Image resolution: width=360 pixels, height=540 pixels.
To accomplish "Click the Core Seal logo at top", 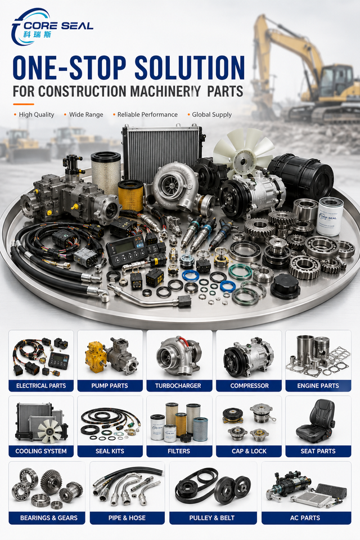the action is (x=52, y=27).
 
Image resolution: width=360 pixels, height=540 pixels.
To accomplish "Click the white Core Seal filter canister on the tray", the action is (x=330, y=216).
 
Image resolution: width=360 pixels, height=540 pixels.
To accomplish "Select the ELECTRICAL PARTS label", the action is (x=41, y=386).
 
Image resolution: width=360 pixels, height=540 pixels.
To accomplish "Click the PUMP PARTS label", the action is (x=110, y=386).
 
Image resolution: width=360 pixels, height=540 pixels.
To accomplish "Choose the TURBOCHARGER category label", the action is (x=178, y=386).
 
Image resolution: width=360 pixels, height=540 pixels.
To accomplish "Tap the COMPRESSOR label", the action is (x=249, y=386).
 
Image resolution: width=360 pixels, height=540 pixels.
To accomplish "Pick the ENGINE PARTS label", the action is (x=318, y=386).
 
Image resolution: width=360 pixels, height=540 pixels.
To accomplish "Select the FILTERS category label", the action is (x=179, y=451).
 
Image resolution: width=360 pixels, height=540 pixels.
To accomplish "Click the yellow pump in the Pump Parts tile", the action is (x=96, y=357).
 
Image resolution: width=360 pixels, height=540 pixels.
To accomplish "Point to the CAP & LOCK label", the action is (x=249, y=451).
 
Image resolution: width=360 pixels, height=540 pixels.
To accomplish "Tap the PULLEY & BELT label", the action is (x=212, y=518).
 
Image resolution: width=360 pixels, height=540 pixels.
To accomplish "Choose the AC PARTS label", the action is (x=305, y=518).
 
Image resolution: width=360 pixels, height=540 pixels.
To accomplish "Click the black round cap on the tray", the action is (x=285, y=286).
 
